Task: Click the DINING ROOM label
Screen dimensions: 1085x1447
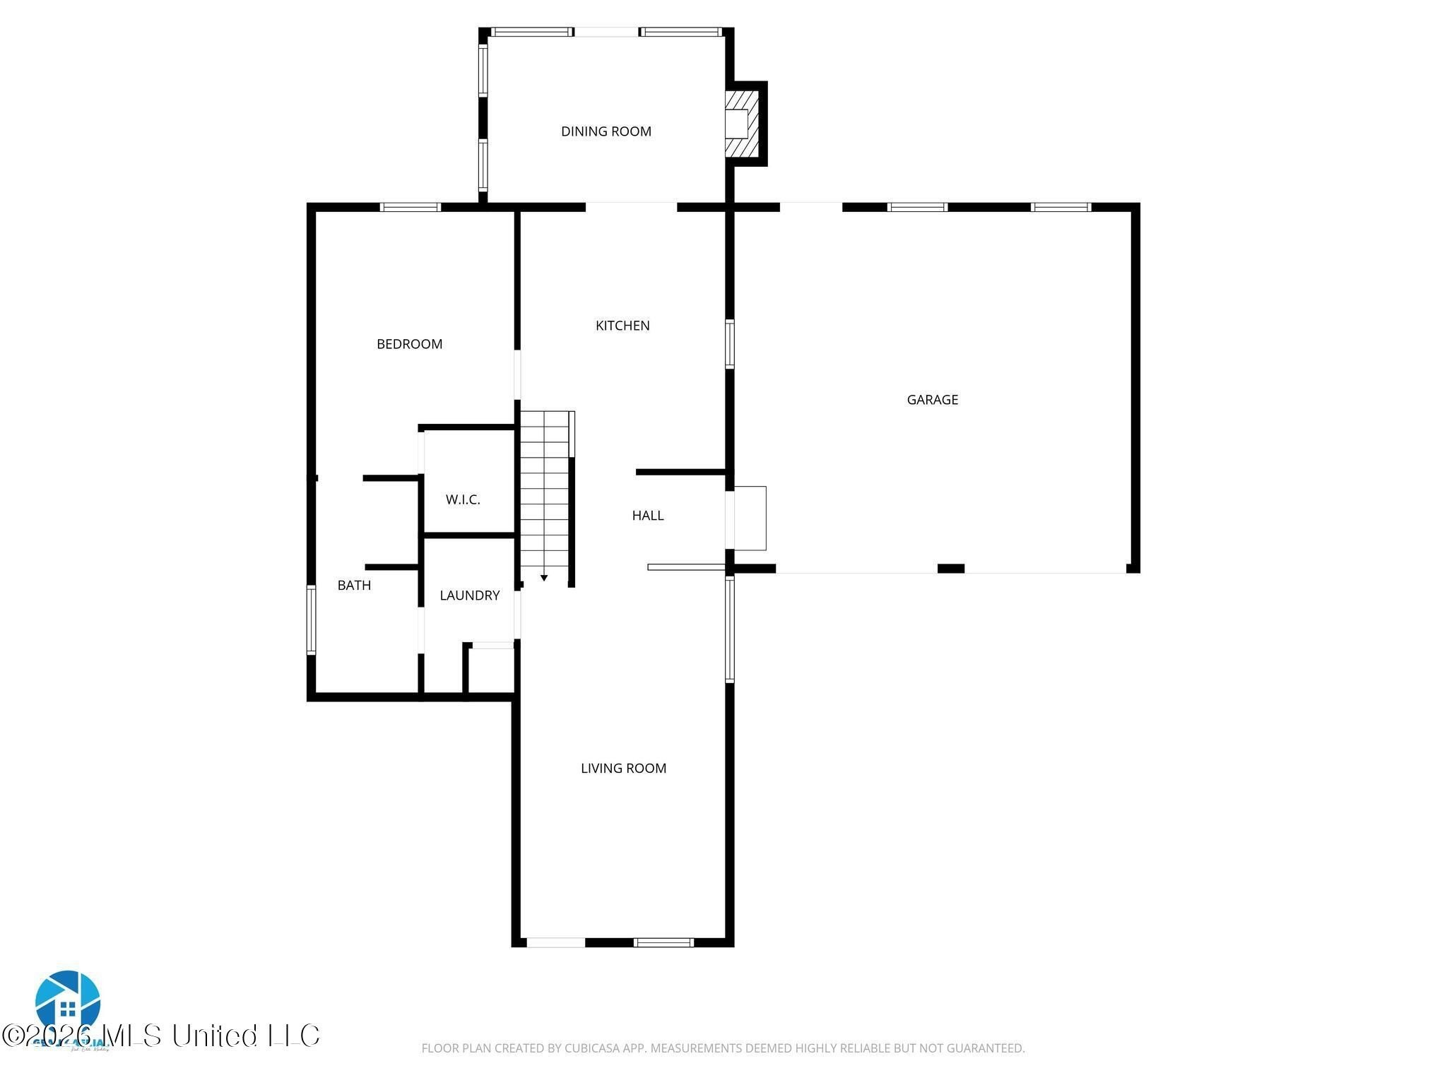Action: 606,131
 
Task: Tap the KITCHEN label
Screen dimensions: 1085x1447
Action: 622,326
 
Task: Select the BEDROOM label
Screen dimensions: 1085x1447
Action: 409,344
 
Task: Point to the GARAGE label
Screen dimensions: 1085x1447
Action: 932,400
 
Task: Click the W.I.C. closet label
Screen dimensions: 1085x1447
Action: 463,500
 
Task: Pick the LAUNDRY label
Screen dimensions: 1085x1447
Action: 469,595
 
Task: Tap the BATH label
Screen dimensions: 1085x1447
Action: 354,585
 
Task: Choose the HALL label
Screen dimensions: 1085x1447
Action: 647,516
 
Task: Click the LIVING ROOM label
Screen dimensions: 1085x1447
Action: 623,769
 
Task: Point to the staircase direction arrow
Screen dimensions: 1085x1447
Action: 544,578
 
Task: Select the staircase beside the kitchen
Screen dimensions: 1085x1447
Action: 545,494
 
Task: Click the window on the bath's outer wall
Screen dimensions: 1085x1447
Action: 311,619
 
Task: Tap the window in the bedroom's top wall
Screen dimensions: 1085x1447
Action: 410,207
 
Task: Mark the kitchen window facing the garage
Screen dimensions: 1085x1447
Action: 730,344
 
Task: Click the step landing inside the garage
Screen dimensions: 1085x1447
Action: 750,518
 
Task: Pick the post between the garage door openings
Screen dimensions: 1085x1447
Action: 950,569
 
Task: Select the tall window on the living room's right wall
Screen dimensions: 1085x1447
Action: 730,629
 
